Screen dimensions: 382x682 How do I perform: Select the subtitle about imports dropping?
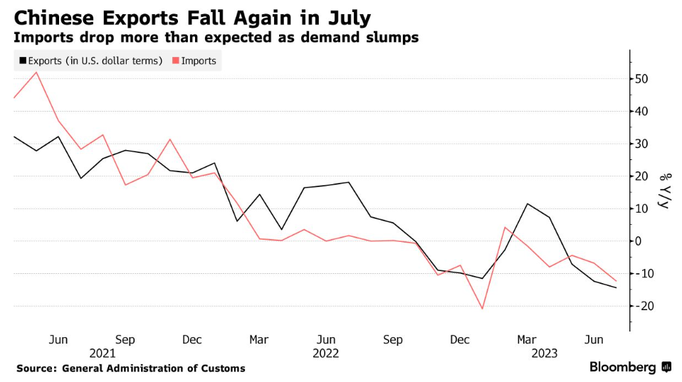[216, 37]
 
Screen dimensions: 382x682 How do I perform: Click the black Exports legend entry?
[90, 60]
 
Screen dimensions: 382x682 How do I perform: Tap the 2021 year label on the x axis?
[103, 353]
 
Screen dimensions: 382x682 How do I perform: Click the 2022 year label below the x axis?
[325, 353]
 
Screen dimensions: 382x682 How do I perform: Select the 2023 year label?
[544, 353]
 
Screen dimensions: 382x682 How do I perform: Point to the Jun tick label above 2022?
[325, 339]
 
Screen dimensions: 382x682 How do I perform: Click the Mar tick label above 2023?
[527, 339]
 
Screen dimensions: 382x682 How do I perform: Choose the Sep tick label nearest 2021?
[125, 339]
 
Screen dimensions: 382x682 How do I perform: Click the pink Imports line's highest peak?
[36, 72]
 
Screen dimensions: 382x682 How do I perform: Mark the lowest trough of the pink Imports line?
[483, 309]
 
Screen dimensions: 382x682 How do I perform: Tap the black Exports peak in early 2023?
[528, 204]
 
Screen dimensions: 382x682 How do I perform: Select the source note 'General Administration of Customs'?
[153, 368]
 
